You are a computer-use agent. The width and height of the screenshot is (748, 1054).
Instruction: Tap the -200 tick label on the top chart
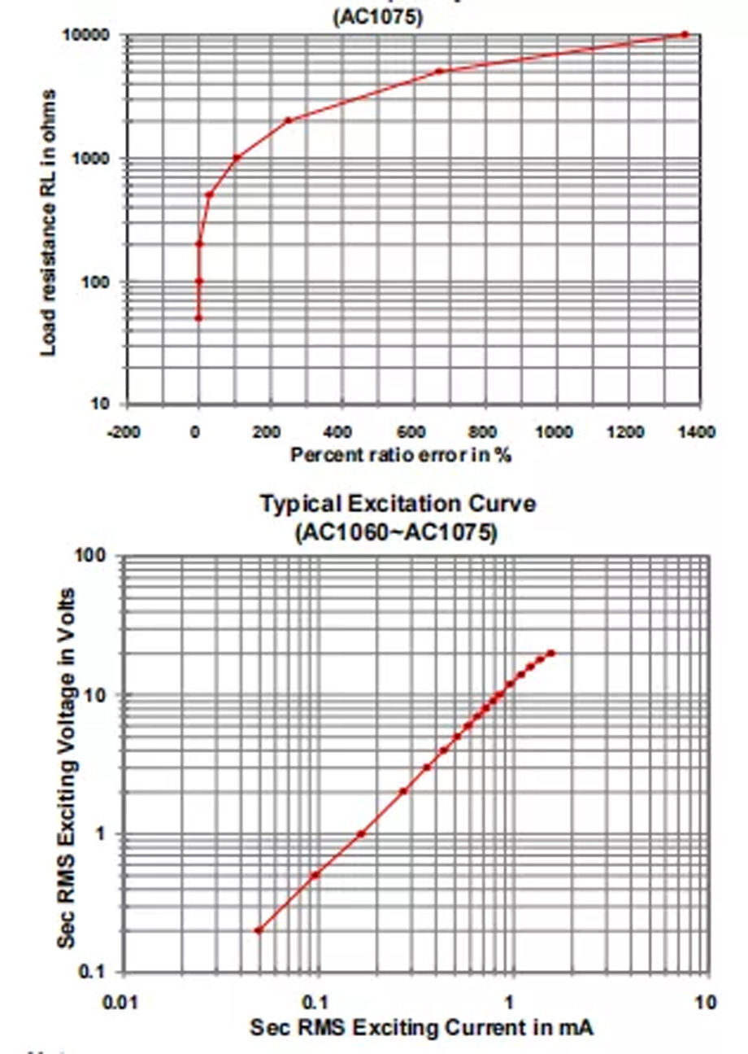point(124,431)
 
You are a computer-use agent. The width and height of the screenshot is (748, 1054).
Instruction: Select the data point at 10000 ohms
point(685,34)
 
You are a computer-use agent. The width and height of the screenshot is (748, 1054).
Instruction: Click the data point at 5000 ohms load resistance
point(439,72)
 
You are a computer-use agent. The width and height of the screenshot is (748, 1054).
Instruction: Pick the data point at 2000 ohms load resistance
point(288,120)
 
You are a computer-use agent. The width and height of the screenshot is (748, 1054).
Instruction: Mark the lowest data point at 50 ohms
point(198,317)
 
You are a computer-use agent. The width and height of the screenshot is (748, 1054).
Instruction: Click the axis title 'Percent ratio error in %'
point(401,455)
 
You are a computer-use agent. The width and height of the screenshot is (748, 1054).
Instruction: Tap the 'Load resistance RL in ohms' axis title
point(49,222)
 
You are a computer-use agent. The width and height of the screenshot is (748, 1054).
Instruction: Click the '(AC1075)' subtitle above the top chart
point(378,17)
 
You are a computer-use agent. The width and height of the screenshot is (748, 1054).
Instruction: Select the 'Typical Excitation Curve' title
point(398,504)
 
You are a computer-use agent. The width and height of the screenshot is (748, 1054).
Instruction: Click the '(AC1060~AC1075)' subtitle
point(396,532)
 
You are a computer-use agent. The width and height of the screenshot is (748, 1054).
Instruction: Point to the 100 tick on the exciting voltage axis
point(91,556)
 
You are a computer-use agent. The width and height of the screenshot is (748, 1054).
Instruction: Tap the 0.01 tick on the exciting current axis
point(124,1001)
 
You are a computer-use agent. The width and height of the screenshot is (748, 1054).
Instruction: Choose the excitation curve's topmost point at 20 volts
point(551,653)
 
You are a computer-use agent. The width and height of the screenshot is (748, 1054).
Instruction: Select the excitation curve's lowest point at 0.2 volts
point(259,930)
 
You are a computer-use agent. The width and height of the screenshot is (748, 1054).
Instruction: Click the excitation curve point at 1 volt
point(361,833)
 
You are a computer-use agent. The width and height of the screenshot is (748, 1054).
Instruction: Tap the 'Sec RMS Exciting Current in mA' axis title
point(421,1027)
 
